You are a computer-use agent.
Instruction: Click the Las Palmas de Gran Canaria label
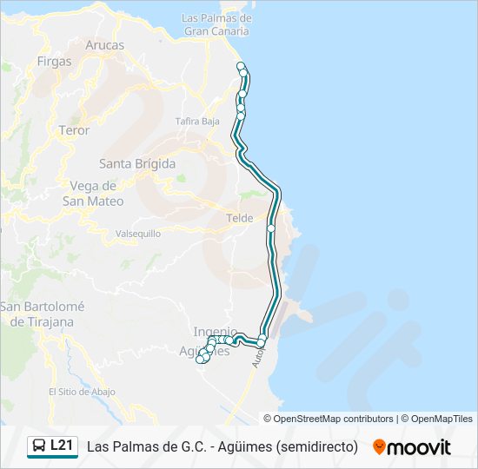[x=216, y=24]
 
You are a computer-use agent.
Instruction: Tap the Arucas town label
[x=105, y=45]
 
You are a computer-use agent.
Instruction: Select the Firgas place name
[x=55, y=62]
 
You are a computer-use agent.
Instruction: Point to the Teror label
[x=74, y=130]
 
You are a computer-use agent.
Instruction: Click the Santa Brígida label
[x=137, y=163]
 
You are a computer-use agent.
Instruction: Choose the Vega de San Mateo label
[x=93, y=193]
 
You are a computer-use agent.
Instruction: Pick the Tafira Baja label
[x=197, y=122]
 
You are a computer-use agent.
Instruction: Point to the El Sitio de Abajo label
[x=82, y=392]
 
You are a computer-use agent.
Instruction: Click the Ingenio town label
[x=214, y=331]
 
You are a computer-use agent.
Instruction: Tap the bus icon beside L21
[x=39, y=446]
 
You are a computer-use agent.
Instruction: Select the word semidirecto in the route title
[x=315, y=446]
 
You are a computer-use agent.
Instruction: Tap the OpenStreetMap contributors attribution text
[x=334, y=419]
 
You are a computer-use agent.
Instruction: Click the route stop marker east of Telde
[x=271, y=228]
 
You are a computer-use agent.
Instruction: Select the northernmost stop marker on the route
[x=241, y=66]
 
